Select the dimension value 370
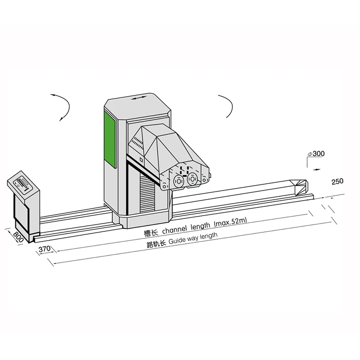pos(44,249)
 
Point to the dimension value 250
pos(338,181)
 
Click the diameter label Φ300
pos(316,154)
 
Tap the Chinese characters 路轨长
pos(156,243)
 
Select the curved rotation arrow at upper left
pos(61,106)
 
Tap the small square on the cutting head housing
pos(141,159)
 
